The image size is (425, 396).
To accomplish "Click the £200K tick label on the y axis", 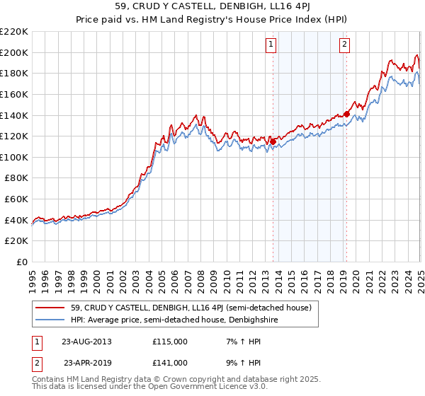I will (14, 52).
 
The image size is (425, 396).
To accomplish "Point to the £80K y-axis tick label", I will (16, 178).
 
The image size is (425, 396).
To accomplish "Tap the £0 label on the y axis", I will (23, 262).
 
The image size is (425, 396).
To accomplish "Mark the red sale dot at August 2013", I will (273, 142).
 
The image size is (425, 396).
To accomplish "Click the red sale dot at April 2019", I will (346, 114).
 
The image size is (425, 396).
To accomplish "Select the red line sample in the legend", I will (52, 308).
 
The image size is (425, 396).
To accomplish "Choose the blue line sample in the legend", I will (52, 319).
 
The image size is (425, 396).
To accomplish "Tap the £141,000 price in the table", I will (170, 362).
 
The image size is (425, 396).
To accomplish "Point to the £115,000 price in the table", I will (170, 342).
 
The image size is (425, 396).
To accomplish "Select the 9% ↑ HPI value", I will (240, 362).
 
